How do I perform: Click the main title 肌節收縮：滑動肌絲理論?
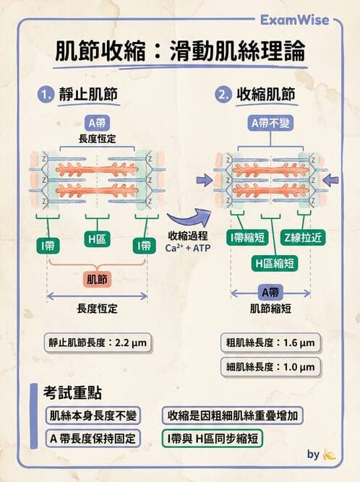coord(180,52)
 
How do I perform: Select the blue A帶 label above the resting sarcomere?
coord(97,122)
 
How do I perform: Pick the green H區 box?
coord(97,246)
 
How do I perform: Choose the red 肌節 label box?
coord(97,277)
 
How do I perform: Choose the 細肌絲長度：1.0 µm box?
coord(270,367)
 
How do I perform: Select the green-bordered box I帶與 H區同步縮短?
coord(213,438)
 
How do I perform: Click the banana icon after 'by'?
coord(329,455)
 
